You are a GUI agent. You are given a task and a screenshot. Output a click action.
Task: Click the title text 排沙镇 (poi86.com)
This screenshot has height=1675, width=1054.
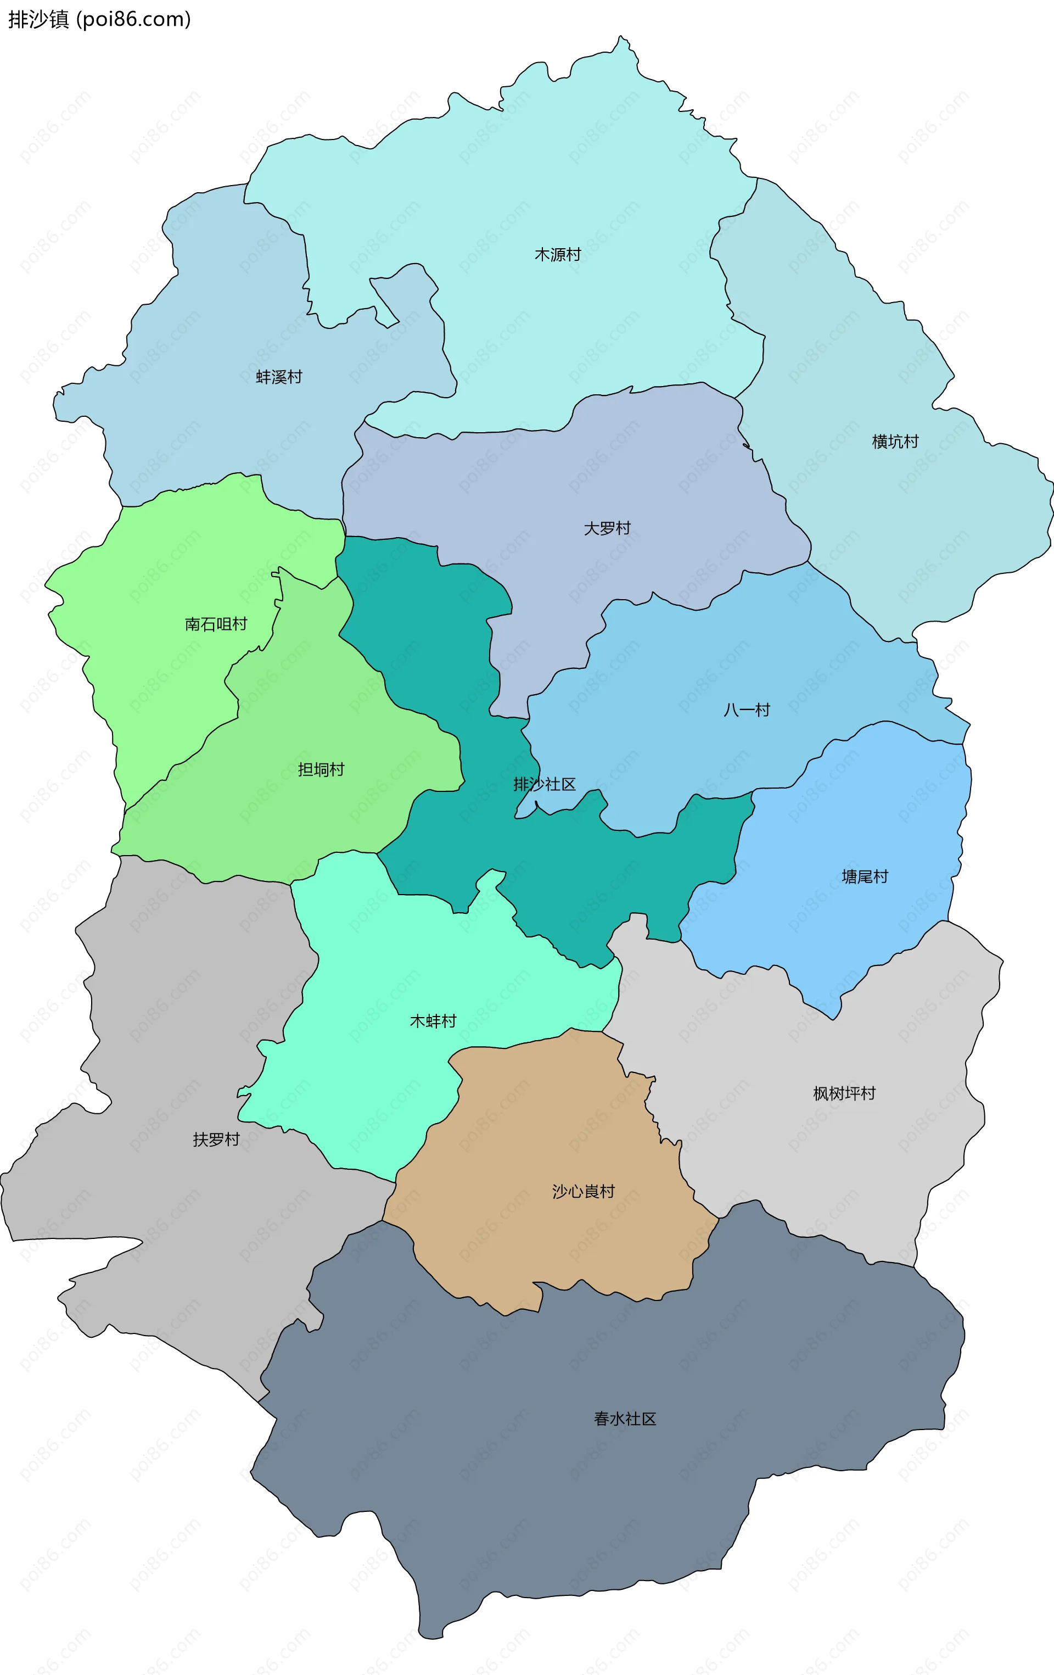99,19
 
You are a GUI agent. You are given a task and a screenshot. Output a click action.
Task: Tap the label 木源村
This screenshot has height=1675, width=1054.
558,255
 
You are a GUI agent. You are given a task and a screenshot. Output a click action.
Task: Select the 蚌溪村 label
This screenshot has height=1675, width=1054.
279,377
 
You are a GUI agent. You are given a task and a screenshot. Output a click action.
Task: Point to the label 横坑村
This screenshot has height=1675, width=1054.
895,442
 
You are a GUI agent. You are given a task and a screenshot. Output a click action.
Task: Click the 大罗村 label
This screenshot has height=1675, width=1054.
607,529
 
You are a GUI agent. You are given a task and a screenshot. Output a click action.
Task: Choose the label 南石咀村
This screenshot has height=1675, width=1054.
216,624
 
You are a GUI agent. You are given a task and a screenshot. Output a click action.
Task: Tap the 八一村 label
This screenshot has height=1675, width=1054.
747,710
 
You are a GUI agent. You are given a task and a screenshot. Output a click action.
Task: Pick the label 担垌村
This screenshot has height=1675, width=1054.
321,769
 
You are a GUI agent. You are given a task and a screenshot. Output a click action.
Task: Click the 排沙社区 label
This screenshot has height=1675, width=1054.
545,785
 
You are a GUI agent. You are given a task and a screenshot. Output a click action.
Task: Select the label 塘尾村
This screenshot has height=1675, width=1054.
865,876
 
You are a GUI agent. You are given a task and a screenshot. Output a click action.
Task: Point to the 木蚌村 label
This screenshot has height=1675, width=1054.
433,1020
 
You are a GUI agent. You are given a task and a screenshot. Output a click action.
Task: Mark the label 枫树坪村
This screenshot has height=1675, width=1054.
844,1093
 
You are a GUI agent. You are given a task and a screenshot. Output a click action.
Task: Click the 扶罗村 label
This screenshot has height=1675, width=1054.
216,1140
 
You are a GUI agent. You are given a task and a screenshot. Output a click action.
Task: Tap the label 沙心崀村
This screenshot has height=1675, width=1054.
584,1192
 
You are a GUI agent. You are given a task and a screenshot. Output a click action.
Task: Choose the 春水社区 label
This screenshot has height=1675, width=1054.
625,1419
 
